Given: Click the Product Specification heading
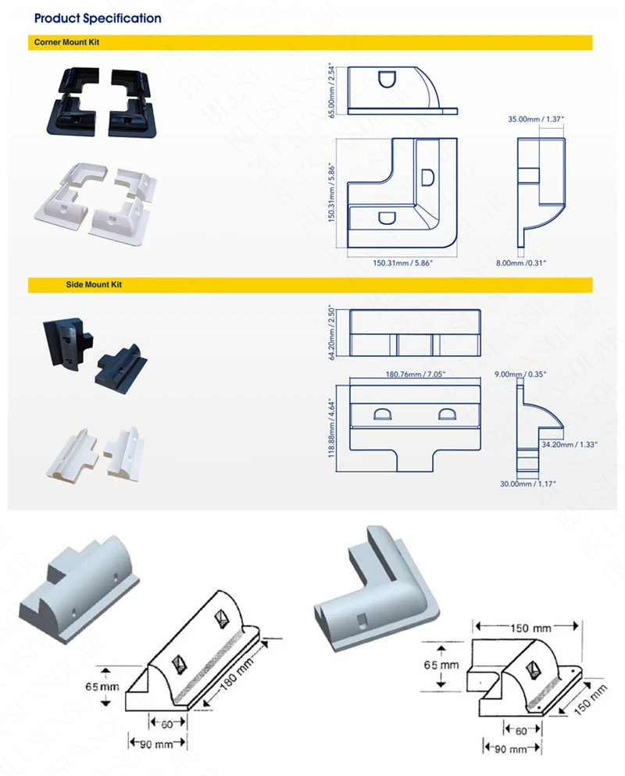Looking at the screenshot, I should (x=98, y=18).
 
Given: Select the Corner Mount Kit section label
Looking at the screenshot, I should (x=66, y=42).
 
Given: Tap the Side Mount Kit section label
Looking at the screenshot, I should (x=94, y=285).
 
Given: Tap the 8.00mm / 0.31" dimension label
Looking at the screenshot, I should (x=521, y=263).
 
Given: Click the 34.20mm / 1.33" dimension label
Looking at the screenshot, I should (x=570, y=444).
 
